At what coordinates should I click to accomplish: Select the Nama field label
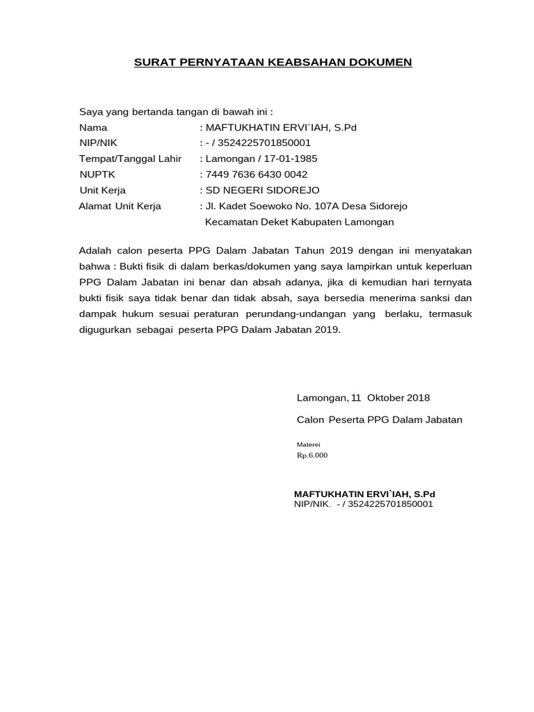point(93,128)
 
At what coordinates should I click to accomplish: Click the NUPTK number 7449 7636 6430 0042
point(256,174)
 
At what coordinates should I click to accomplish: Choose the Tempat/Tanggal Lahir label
point(130,159)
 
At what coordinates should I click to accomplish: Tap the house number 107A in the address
point(323,206)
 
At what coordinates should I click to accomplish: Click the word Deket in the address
point(280,222)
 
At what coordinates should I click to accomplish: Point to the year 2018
point(419,398)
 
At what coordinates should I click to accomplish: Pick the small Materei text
point(309,444)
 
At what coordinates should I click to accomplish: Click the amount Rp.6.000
point(312,455)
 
